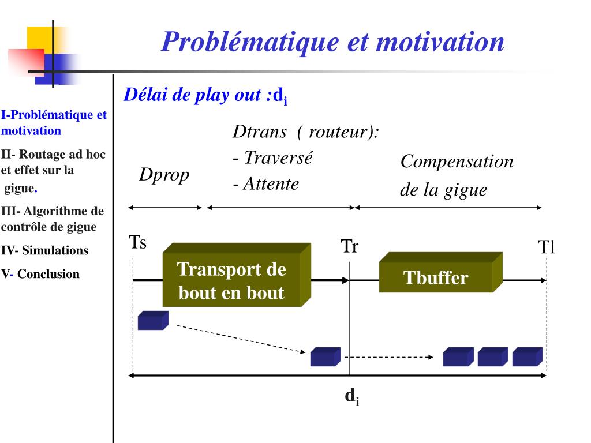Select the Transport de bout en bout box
pyautogui.click(x=232, y=280)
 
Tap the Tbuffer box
pyautogui.click(x=436, y=278)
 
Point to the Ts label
pyautogui.click(x=137, y=242)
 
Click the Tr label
pyautogui.click(x=350, y=246)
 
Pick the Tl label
pyautogui.click(x=546, y=247)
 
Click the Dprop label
pyautogui.click(x=164, y=175)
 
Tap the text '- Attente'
pyautogui.click(x=266, y=184)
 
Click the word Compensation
pyautogui.click(x=457, y=162)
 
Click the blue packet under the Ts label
pyautogui.click(x=152, y=320)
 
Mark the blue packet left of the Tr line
pyautogui.click(x=324, y=356)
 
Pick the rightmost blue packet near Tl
pyautogui.click(x=527, y=356)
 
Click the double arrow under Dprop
pyautogui.click(x=165, y=208)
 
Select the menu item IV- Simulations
pyautogui.click(x=44, y=250)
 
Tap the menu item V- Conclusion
pyautogui.click(x=40, y=274)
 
